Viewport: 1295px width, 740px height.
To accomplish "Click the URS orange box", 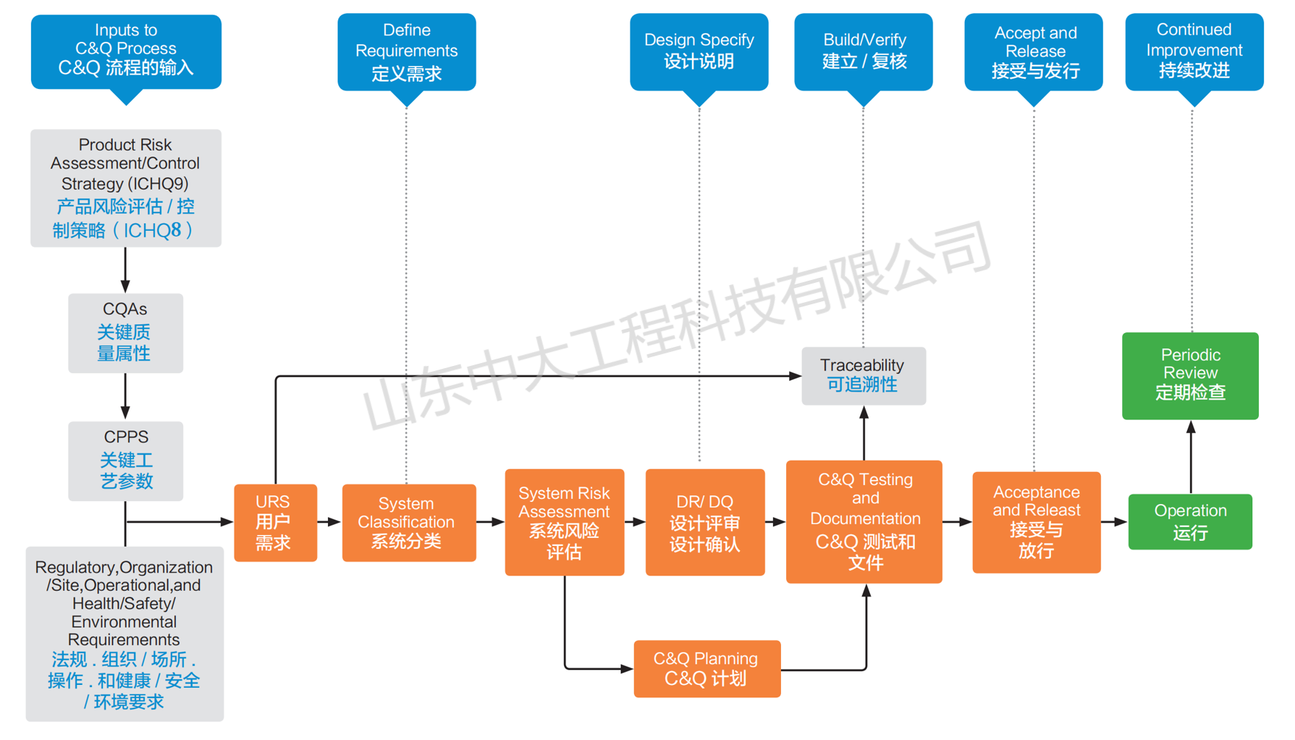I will pyautogui.click(x=275, y=522).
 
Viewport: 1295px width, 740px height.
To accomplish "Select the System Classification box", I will pyautogui.click(x=408, y=522).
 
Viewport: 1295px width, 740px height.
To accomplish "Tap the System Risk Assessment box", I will pyautogui.click(x=564, y=522).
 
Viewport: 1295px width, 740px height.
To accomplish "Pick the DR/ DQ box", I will pyautogui.click(x=704, y=522).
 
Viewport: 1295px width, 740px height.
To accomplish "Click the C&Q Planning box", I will pyautogui.click(x=706, y=668).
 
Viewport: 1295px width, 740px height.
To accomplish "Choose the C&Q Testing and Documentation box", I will pyautogui.click(x=863, y=521).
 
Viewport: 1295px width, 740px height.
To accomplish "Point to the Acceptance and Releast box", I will pyautogui.click(x=1035, y=522).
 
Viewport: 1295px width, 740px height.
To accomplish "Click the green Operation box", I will pyautogui.click(x=1189, y=522).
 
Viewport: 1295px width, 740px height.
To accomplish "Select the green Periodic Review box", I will pyautogui.click(x=1189, y=375).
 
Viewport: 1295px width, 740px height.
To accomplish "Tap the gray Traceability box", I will pyautogui.click(x=863, y=376).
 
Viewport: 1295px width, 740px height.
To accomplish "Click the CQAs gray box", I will pyautogui.click(x=125, y=333).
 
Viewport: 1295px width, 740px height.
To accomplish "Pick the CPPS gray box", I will pyautogui.click(x=125, y=461).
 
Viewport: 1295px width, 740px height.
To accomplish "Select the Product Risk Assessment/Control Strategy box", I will pyautogui.click(x=125, y=187).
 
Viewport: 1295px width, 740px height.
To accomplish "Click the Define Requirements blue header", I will pyautogui.click(x=406, y=51).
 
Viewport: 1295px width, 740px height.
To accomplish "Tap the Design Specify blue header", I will pyautogui.click(x=699, y=51).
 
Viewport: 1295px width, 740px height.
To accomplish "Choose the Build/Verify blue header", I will pyautogui.click(x=863, y=51).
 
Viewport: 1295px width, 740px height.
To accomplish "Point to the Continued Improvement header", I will pyautogui.click(x=1194, y=51).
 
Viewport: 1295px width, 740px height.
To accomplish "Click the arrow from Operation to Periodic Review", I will pyautogui.click(x=1191, y=457).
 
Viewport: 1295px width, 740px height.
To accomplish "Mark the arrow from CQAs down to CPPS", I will pyautogui.click(x=125, y=397).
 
